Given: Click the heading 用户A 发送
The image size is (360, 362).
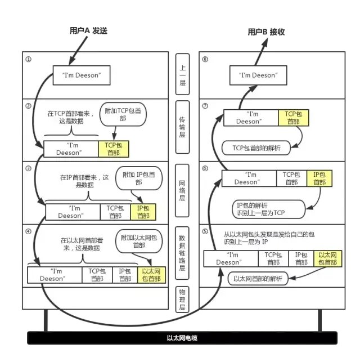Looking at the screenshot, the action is (x=88, y=30).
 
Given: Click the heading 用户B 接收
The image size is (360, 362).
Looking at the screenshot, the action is (x=266, y=32).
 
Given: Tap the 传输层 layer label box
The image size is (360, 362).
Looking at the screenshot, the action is (x=182, y=127).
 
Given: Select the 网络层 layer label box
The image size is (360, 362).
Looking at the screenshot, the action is (x=182, y=191).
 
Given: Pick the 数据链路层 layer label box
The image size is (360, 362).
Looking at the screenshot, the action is (x=182, y=253).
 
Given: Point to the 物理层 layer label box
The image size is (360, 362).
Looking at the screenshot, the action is (x=182, y=300).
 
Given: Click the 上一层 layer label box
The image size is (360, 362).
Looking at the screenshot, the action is (x=182, y=74).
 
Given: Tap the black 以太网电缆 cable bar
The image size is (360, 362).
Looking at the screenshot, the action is (x=182, y=338).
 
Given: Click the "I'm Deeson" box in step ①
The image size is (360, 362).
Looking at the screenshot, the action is (x=82, y=75).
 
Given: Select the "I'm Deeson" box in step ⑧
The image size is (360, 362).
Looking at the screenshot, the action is (x=258, y=75).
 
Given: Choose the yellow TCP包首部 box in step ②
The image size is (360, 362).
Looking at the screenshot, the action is (x=114, y=149).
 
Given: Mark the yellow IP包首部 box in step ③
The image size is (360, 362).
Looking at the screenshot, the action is (x=143, y=212).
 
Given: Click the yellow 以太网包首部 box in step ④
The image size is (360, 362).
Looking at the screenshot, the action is (x=151, y=275).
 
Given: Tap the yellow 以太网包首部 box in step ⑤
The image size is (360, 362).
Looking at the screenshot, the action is (x=328, y=258).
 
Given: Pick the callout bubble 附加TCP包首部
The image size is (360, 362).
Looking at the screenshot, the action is (x=123, y=114).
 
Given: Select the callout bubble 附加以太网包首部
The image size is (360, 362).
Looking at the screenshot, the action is (x=139, y=242).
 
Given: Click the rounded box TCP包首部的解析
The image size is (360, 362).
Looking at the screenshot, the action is (x=256, y=148).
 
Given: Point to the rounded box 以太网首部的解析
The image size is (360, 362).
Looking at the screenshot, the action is (x=258, y=279).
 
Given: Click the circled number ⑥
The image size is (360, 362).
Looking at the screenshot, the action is (x=205, y=168).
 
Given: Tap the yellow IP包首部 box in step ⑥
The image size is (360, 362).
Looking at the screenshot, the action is (x=319, y=178).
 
